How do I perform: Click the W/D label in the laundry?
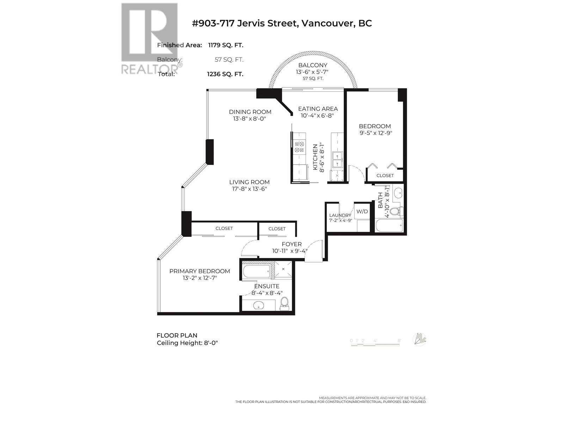tap(362, 211)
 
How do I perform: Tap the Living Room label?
tap(249, 182)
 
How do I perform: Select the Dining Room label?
tap(250, 112)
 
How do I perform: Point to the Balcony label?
tap(313, 65)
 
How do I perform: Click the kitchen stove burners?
tap(299, 147)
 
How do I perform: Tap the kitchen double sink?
tap(337, 160)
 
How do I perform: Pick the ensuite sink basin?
tap(258, 305)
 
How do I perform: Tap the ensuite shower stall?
tap(283, 270)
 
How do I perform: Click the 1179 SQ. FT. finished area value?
tap(226, 45)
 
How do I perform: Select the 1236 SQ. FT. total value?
tap(225, 74)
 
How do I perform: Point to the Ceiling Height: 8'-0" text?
tap(188, 343)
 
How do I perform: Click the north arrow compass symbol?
tap(419, 339)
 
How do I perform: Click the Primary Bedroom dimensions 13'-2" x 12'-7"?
tap(200, 278)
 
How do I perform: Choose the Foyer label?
tap(292, 244)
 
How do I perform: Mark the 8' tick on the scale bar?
tap(399, 341)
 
